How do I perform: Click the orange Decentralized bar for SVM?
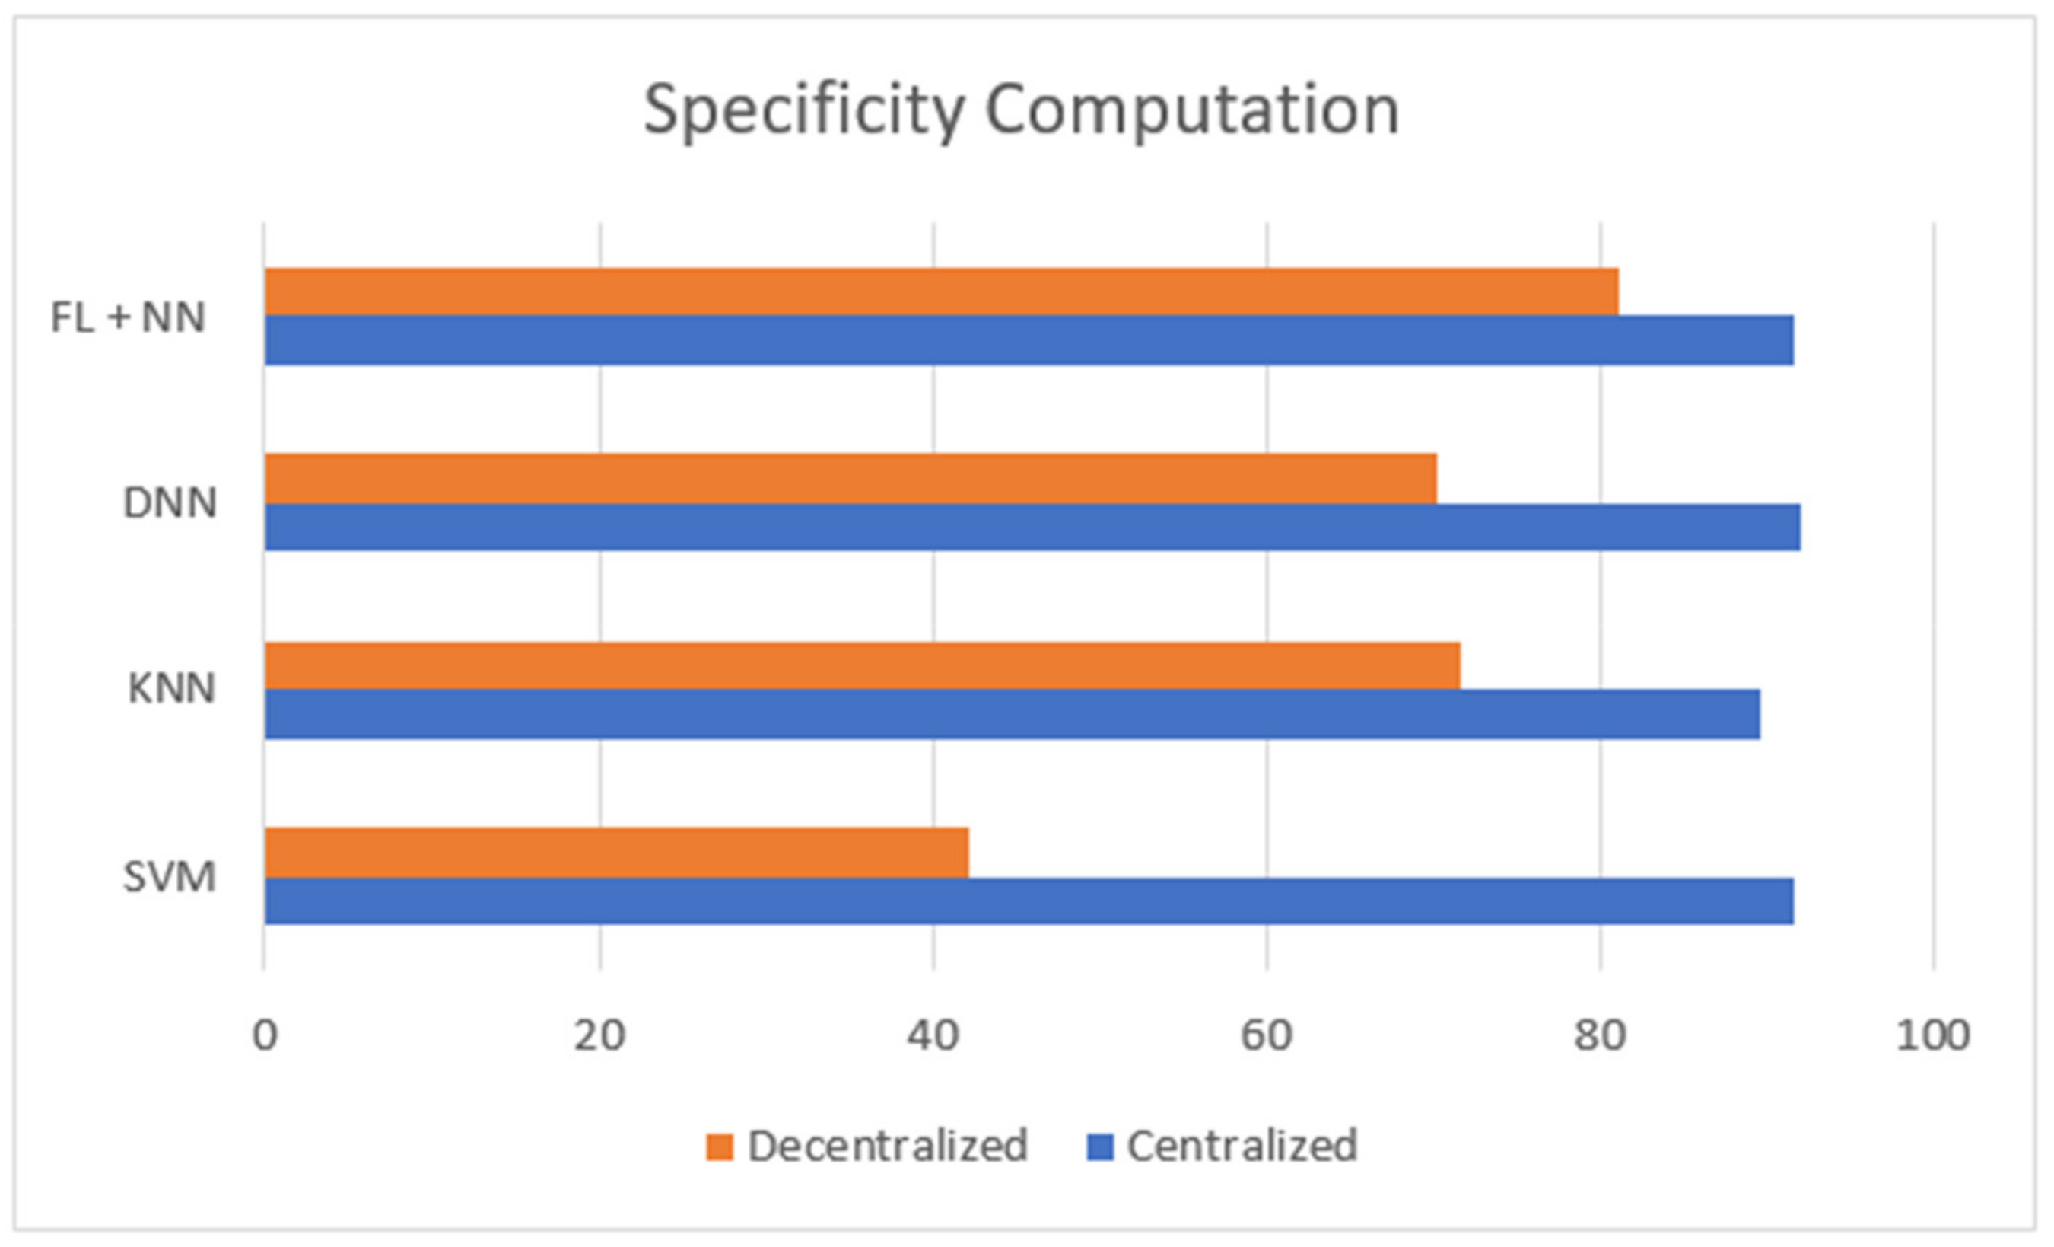(617, 853)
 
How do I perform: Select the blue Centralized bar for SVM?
(1029, 901)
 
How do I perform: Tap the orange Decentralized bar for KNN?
(862, 665)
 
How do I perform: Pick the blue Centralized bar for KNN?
(1012, 714)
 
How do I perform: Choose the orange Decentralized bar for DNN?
(851, 479)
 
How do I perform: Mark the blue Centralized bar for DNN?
(1032, 527)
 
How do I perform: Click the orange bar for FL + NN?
(941, 292)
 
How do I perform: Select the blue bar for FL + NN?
(1029, 340)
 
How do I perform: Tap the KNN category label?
(171, 689)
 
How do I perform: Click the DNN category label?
(170, 503)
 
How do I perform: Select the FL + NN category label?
(128, 317)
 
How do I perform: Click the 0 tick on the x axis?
(265, 1036)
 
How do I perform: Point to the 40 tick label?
(933, 1036)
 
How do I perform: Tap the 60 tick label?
(1266, 1036)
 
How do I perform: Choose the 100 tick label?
(1932, 1036)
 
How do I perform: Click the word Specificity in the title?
(804, 111)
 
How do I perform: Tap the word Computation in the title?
(1192, 111)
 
